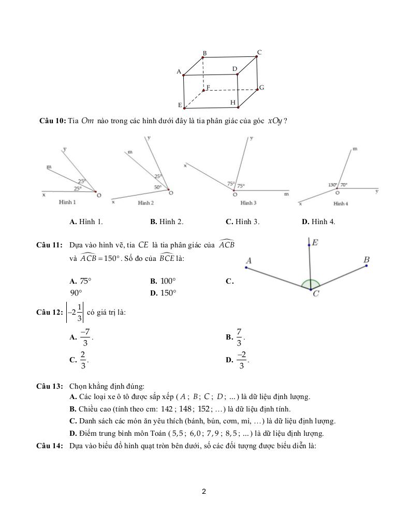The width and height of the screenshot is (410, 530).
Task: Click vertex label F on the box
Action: click(208, 87)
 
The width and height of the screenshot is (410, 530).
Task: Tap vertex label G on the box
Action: click(262, 87)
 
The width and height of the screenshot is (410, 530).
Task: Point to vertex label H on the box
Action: click(233, 103)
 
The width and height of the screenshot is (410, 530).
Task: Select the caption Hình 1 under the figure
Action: click(67, 202)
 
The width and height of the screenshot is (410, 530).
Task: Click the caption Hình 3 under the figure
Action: click(248, 203)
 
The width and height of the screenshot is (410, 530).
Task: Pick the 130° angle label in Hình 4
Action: click(332, 185)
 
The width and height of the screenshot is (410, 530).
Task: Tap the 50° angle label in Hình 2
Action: click(158, 187)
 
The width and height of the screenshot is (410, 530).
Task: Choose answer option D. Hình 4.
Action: click(318, 222)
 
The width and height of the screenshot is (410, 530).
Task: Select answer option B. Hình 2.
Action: click(167, 222)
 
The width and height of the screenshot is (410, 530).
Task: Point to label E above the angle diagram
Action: click(315, 242)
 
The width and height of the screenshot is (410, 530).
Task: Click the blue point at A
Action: click(246, 268)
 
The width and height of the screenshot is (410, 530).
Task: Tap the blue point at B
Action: click(367, 266)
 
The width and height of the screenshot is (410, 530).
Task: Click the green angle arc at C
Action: click(311, 283)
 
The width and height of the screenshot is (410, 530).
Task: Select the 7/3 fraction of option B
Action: click(239, 337)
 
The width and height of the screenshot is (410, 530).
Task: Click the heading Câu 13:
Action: click(50, 386)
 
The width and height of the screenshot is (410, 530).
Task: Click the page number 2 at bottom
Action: click(204, 492)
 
